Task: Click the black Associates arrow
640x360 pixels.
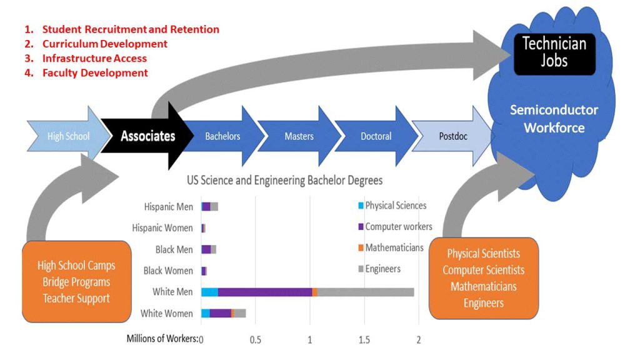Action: [148, 136]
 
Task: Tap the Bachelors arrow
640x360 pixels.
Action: [222, 136]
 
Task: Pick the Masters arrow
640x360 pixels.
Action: [299, 136]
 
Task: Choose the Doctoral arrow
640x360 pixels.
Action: [376, 136]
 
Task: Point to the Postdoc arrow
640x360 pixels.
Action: [451, 136]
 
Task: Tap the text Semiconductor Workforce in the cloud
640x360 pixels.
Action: [554, 119]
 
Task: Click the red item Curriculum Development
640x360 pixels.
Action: [104, 44]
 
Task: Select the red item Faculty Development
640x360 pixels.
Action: [95, 72]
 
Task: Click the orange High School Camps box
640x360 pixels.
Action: [76, 282]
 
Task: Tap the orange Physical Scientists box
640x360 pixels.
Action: [483, 278]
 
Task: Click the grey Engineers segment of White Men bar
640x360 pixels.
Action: [366, 292]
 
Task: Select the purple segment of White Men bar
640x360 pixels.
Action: [265, 292]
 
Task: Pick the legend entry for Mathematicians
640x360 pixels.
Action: [394, 248]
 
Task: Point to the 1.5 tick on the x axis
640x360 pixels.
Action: [364, 341]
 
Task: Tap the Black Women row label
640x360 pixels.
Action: [167, 271]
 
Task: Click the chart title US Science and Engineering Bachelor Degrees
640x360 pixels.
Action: [284, 180]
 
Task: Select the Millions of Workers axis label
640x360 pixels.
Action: [162, 339]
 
